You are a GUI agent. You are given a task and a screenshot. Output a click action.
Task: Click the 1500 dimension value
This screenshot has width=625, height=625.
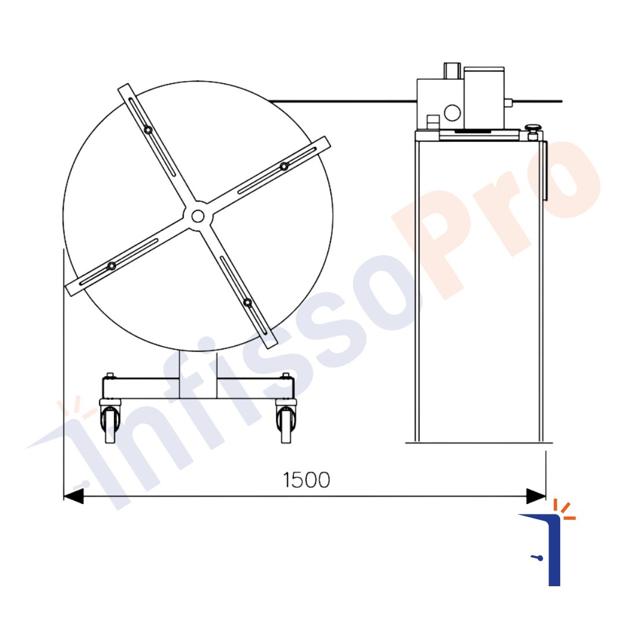[306, 480]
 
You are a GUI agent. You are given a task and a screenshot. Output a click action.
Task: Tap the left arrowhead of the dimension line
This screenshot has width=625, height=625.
[73, 497]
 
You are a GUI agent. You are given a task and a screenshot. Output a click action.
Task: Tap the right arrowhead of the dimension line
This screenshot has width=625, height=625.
[536, 497]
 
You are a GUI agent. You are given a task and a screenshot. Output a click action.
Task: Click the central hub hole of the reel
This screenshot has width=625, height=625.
[198, 216]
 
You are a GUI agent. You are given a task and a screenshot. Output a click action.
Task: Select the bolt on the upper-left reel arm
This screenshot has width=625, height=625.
[148, 130]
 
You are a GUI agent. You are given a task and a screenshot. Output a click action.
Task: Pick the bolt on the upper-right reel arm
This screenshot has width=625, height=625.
[284, 166]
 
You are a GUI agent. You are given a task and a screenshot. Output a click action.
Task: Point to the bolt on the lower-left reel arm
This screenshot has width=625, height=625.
[112, 266]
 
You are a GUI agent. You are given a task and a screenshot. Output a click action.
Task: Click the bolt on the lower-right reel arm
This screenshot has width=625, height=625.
[248, 303]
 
